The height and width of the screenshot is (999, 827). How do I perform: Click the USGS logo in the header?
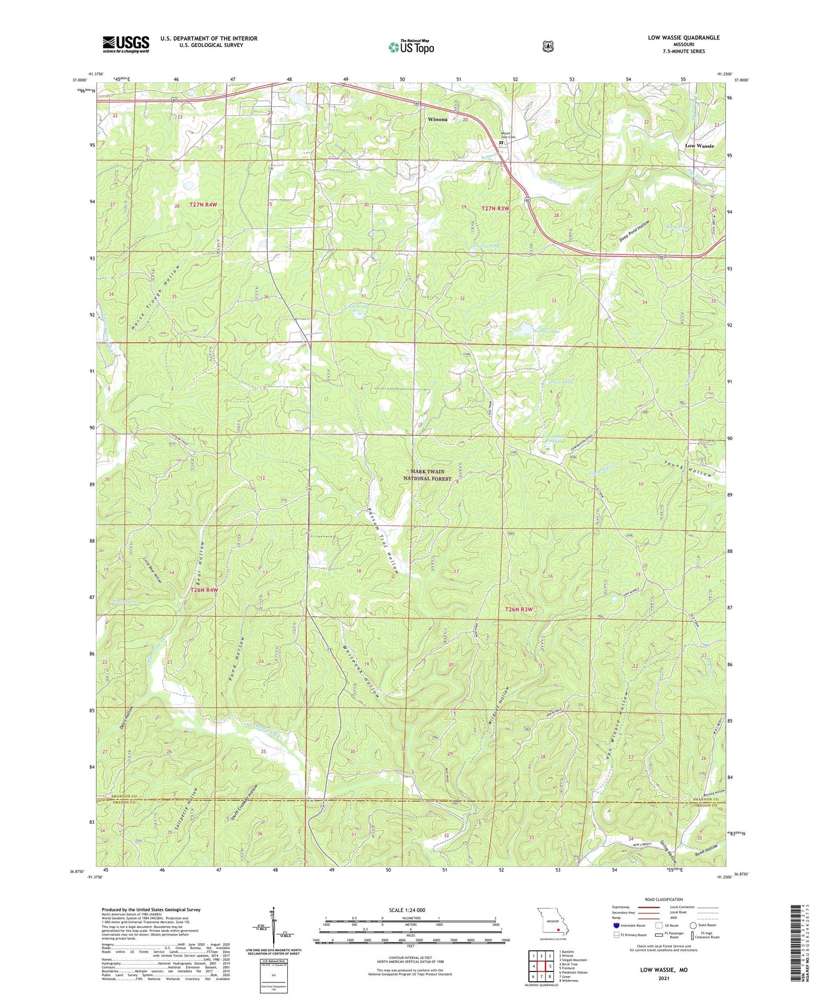[x=126, y=44]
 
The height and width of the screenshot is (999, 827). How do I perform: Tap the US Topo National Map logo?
[x=411, y=47]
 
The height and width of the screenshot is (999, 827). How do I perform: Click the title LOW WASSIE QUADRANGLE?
[x=683, y=38]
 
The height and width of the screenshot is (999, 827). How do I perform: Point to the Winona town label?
[x=438, y=120]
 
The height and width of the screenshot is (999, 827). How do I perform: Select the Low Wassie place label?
[x=699, y=146]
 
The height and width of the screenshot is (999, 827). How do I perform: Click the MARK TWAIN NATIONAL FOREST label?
[x=428, y=475]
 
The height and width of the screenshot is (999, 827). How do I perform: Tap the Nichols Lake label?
[x=546, y=331]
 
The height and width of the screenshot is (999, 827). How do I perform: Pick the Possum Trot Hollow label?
[x=383, y=540]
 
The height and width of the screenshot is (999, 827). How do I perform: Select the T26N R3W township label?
[x=519, y=610]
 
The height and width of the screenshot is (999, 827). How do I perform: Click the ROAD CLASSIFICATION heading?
[x=663, y=900]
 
